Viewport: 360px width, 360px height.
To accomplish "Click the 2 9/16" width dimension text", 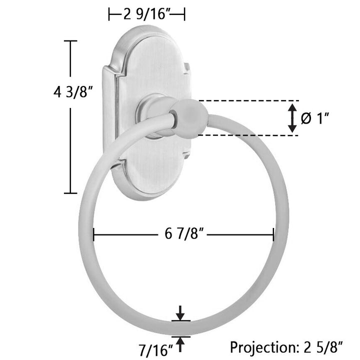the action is pyautogui.click(x=146, y=14).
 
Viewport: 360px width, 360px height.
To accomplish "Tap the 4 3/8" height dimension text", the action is pyautogui.click(x=73, y=92).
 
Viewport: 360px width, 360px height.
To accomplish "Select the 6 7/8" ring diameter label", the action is pyautogui.click(x=184, y=234).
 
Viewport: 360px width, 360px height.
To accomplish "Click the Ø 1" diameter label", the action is pyautogui.click(x=315, y=118).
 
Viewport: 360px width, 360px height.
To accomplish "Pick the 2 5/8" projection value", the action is pyautogui.click(x=323, y=347).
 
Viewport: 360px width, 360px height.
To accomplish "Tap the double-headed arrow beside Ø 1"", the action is pyautogui.click(x=292, y=118).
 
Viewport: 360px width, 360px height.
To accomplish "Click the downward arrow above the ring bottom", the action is pyautogui.click(x=180, y=313).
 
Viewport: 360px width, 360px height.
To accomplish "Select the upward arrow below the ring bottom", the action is pyautogui.click(x=180, y=344).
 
